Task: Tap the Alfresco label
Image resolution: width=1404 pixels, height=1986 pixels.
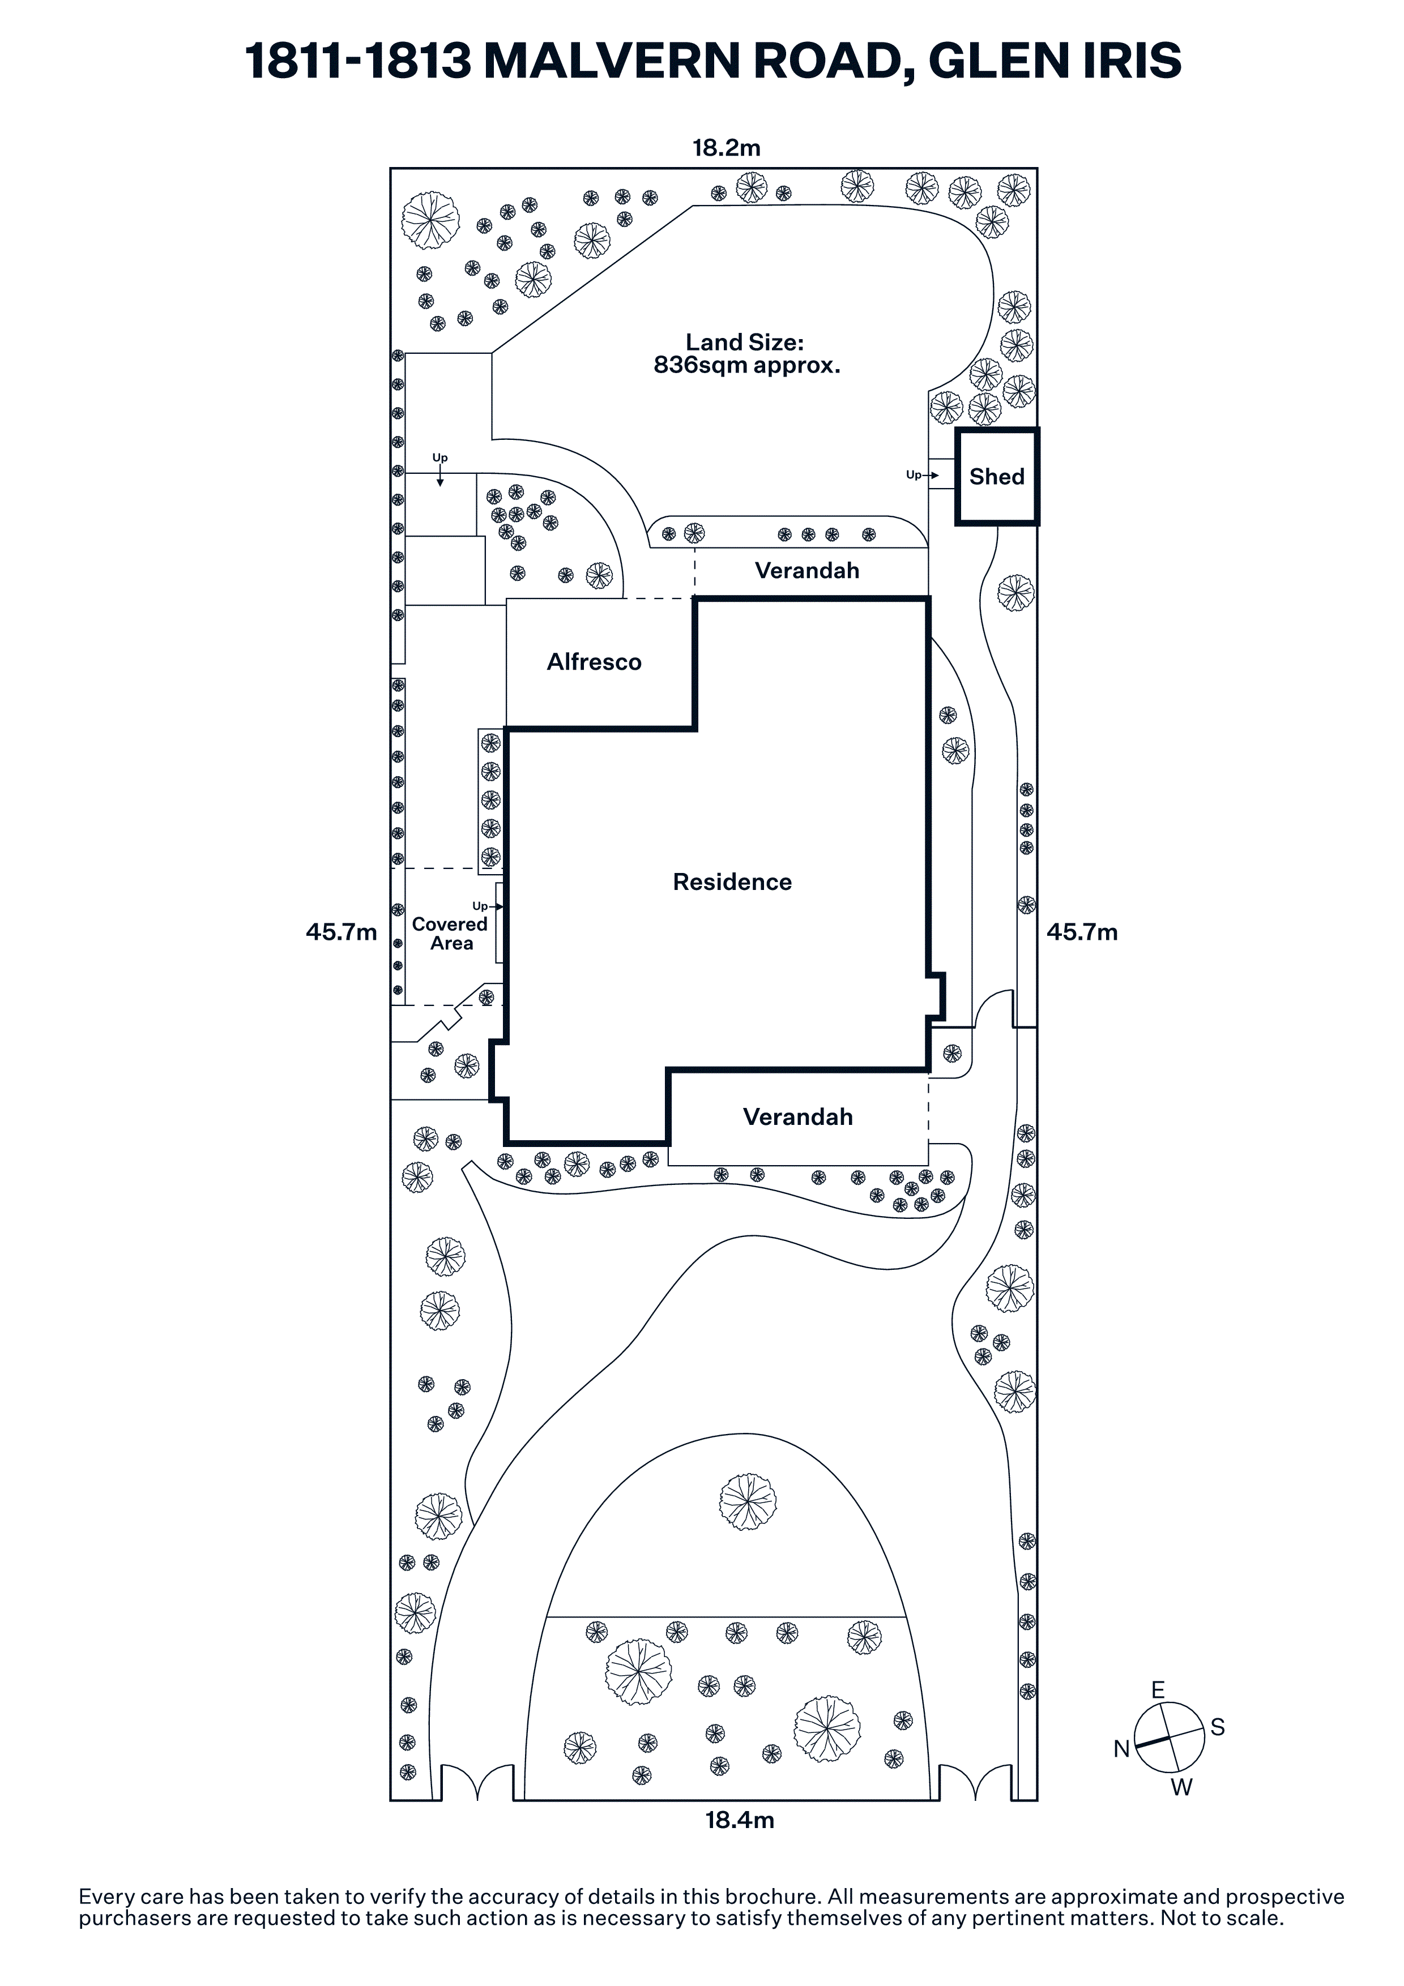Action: coord(594,662)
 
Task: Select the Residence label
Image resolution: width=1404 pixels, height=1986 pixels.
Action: coord(732,882)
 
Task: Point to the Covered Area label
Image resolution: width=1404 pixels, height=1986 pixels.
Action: coord(450,934)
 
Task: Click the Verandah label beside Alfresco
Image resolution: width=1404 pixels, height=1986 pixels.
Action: coord(806,571)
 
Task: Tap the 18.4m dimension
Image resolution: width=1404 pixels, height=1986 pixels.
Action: coord(739,1820)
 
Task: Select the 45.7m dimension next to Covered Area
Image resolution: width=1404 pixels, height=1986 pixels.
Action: coord(341,932)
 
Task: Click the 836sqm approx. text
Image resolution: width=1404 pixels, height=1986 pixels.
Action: coord(746,366)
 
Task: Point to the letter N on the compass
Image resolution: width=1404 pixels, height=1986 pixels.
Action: coord(1121,1749)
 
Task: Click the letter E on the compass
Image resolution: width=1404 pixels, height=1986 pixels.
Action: coord(1158,1689)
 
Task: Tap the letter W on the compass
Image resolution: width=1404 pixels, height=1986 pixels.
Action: coord(1181,1787)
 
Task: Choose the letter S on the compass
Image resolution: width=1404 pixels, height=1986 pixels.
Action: coord(1217,1727)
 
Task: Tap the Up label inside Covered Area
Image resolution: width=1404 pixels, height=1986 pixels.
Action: coord(481,906)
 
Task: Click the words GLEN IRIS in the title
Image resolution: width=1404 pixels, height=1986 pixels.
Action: coord(1055,61)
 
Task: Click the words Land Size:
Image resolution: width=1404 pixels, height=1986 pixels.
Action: coord(744,343)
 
